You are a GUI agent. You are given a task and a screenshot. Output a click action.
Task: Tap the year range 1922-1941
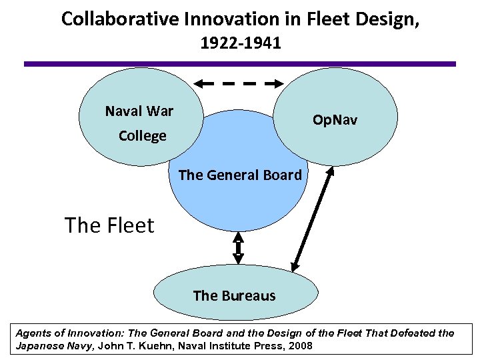pyautogui.click(x=240, y=44)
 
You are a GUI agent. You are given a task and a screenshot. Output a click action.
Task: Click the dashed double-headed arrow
pyautogui.click(x=239, y=84)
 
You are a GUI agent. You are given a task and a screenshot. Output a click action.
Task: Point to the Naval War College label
pyautogui.click(x=139, y=123)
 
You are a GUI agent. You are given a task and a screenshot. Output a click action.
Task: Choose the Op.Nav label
pyautogui.click(x=335, y=120)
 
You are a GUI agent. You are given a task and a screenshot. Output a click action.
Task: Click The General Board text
pyautogui.click(x=240, y=175)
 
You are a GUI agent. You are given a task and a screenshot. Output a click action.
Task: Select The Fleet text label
pyautogui.click(x=109, y=225)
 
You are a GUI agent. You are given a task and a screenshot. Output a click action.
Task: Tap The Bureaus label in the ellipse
pyautogui.click(x=234, y=295)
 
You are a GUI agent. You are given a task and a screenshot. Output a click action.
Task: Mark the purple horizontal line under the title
pyautogui.click(x=240, y=64)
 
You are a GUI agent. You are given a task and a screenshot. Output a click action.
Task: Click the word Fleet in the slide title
pyautogui.click(x=306, y=19)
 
